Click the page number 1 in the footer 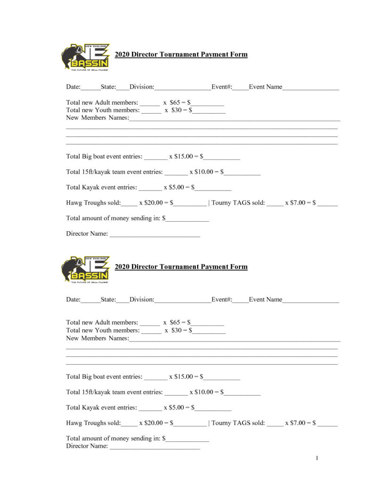[x=317, y=458]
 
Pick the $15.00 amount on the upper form [x=184, y=156]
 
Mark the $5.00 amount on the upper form [x=177, y=187]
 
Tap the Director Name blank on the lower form [x=155, y=446]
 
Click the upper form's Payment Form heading [x=181, y=54]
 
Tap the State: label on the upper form [x=108, y=87]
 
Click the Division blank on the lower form [x=182, y=300]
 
